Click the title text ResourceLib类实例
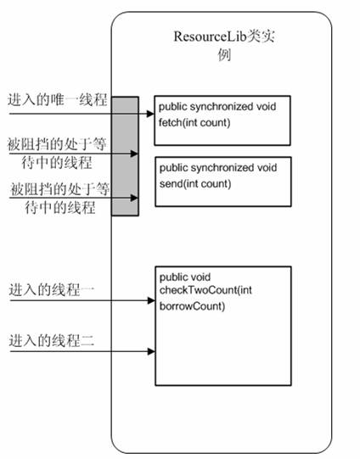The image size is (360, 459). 224,45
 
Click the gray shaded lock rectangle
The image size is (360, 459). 125,156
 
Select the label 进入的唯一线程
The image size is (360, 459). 58,100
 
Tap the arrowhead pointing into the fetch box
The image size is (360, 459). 150,114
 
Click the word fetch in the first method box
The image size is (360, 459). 170,122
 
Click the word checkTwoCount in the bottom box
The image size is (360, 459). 198,290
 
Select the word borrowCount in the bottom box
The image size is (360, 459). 192,306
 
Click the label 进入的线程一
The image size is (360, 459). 52,290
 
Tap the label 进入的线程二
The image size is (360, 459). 52,341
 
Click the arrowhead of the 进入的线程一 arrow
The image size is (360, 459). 151,300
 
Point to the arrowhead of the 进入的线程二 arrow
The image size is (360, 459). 151,351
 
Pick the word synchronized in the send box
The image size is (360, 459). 222,168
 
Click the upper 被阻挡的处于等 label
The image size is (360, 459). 57,144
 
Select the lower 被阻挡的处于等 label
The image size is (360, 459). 60,189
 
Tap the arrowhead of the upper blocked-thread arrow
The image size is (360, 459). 134,154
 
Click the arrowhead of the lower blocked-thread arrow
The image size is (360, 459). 134,198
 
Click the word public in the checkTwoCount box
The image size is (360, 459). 170,277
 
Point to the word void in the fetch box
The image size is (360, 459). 267,106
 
